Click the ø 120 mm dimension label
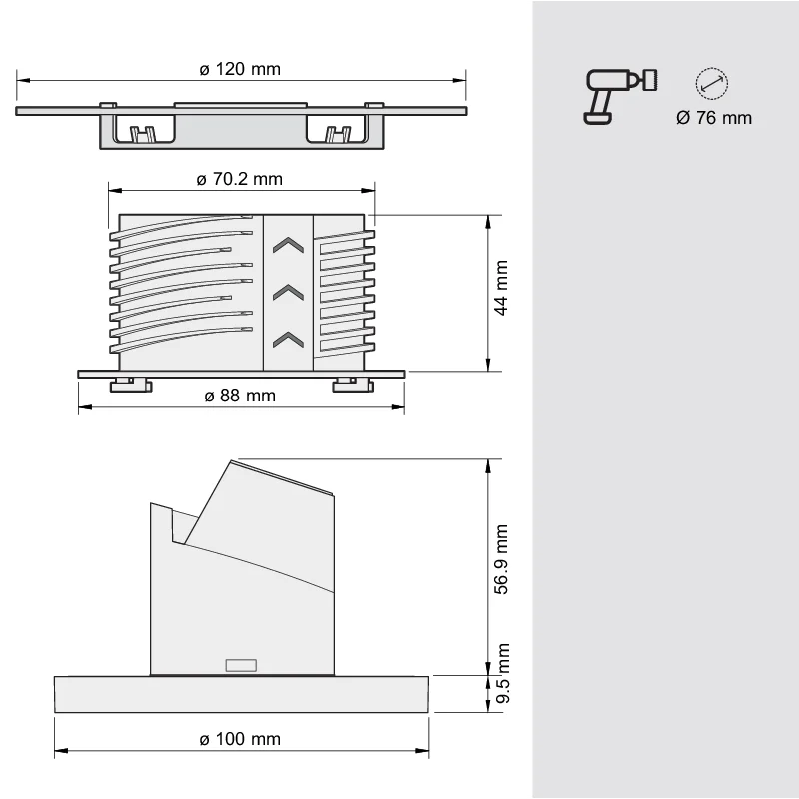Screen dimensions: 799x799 (240, 69)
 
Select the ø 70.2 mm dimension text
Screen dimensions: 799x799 (240, 179)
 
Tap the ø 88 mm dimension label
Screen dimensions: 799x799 (240, 396)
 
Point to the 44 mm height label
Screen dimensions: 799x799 (501, 288)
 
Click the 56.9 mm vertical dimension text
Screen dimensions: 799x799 (501, 559)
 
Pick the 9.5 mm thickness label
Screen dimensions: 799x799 (503, 673)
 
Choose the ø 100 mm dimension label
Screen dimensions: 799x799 (240, 739)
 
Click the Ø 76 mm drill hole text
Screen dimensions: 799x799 (714, 118)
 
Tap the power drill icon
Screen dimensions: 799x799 (619, 96)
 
